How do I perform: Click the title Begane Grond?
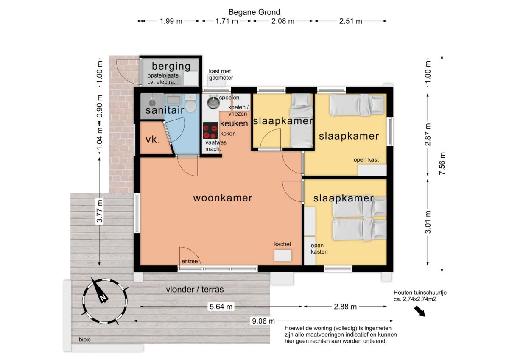point(254,12)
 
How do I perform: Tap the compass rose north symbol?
point(104,301)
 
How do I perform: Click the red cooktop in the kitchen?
point(210,130)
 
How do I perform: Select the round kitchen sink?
point(213,102)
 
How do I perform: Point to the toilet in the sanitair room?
point(190,103)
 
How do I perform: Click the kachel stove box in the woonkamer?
point(283,256)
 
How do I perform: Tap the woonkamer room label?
point(223,198)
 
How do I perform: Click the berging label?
point(171,66)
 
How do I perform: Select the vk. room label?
point(153,140)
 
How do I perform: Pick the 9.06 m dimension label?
point(263,321)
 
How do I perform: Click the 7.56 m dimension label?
point(442,164)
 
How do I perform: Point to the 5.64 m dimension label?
point(221,307)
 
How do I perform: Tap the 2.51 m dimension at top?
point(351,21)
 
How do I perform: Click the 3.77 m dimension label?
point(100,211)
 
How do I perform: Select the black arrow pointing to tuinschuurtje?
point(420,311)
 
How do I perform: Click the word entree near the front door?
point(190,262)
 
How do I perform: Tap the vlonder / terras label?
point(195,290)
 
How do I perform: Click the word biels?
point(84,340)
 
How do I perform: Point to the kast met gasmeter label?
point(221,75)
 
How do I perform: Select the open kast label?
point(366,160)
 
